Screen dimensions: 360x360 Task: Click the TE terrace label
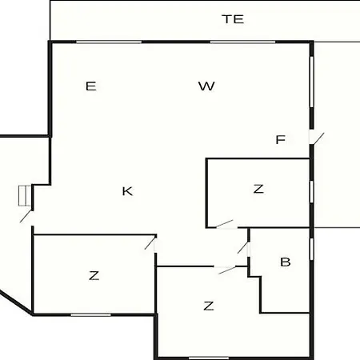(x=233, y=19)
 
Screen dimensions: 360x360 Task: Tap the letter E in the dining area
(x=91, y=86)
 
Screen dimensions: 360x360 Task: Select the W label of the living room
(x=206, y=86)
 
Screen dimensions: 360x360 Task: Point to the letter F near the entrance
(x=281, y=139)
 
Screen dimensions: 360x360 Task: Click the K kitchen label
(x=127, y=191)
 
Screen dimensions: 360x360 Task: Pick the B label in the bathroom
(x=286, y=262)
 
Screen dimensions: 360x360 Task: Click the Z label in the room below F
(x=258, y=189)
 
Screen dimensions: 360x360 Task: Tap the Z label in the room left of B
(x=209, y=306)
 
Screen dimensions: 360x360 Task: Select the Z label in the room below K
(x=94, y=275)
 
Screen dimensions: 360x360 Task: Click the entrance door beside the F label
(x=317, y=138)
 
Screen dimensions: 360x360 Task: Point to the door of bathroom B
(x=243, y=247)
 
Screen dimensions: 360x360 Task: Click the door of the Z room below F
(x=225, y=224)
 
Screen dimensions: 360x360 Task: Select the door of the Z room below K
(x=150, y=243)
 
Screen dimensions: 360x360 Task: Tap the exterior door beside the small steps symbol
(x=26, y=216)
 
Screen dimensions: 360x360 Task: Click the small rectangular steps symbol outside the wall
(x=25, y=196)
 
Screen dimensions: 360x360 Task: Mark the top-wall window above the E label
(x=109, y=42)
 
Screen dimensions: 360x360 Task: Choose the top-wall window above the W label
(x=242, y=42)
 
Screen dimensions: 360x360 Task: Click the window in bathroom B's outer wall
(x=311, y=249)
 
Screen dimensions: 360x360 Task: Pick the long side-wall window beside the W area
(x=311, y=82)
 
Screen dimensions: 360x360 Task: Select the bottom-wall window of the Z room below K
(x=90, y=315)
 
